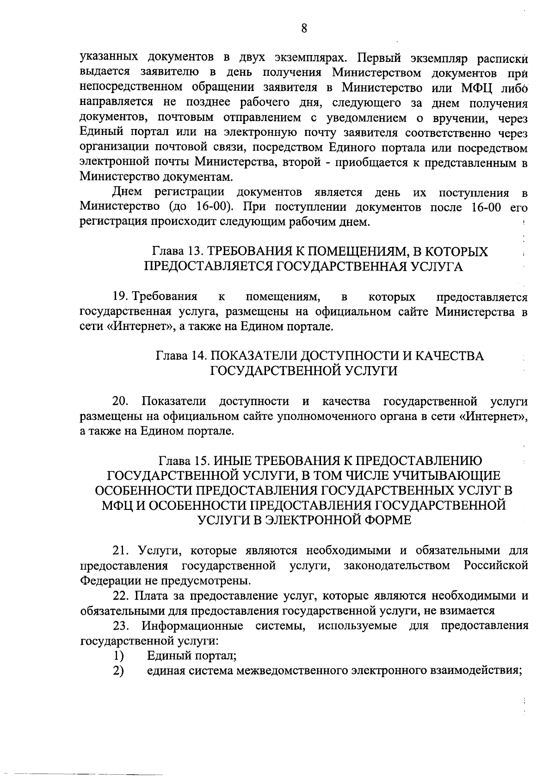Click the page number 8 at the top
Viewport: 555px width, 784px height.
(x=304, y=29)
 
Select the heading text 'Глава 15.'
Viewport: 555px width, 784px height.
(x=183, y=461)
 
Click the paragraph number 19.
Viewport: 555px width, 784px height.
(x=121, y=296)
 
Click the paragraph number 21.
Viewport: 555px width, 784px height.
(x=122, y=551)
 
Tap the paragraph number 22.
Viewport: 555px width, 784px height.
(x=122, y=596)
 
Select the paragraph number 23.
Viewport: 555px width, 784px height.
(x=122, y=626)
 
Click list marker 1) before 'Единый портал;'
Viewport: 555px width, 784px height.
(x=119, y=655)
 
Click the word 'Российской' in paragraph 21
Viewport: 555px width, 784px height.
(x=495, y=565)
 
